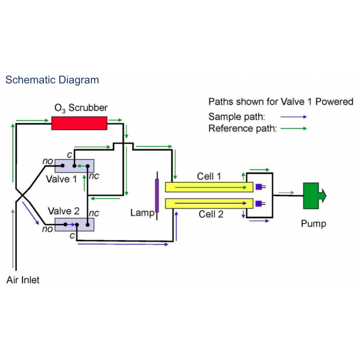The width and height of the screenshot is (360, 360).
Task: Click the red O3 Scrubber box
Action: [79, 123]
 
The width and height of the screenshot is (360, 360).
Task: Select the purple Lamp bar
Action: [157, 195]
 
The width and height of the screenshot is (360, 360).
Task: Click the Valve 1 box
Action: [74, 166]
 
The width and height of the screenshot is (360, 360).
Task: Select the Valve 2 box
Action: [74, 224]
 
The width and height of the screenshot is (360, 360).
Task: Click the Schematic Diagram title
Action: [52, 80]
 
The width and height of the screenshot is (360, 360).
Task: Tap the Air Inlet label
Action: [23, 280]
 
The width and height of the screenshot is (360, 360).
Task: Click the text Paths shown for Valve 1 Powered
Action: [281, 102]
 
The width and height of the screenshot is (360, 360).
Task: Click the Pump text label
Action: [314, 224]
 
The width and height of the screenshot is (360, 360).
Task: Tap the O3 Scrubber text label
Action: [81, 108]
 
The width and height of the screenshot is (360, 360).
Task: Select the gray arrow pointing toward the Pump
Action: [286, 193]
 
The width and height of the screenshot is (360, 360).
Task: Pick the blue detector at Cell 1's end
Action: [259, 187]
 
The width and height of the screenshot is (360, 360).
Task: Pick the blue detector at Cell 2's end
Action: [259, 204]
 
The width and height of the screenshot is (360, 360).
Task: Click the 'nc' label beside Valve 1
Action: [94, 176]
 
